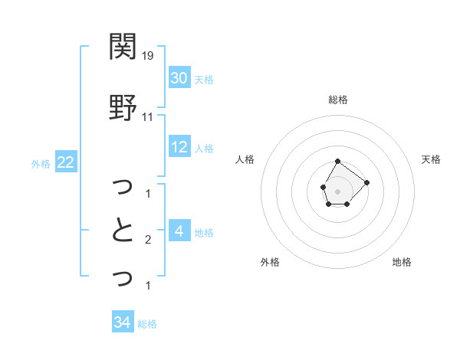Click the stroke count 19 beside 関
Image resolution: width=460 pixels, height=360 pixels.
pos(148,56)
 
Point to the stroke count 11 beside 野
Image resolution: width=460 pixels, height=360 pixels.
pos(148,117)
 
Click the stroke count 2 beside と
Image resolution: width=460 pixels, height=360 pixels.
pos(148,241)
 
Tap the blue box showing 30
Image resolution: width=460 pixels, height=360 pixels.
pos(179,78)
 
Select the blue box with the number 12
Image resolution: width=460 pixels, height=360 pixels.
pos(179,148)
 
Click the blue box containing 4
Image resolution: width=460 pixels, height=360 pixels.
pos(179,232)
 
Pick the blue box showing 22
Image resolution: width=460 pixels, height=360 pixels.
pos(65,162)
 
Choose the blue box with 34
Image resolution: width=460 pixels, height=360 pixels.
pos(122,322)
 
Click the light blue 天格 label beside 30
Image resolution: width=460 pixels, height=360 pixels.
pos(204,79)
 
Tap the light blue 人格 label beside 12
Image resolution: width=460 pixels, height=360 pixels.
pos(204,149)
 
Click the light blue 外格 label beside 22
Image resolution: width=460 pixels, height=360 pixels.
pos(41,163)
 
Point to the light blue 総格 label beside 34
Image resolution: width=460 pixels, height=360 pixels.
pos(147,324)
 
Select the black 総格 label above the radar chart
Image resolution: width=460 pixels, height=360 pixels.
pos(337,100)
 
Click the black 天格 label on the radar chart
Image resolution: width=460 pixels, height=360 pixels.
pos(431,159)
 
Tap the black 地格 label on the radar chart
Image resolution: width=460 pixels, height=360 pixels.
pos(402,262)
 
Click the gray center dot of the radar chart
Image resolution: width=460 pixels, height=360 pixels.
pos(337,190)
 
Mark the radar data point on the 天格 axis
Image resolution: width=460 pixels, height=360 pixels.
pos(366,182)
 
